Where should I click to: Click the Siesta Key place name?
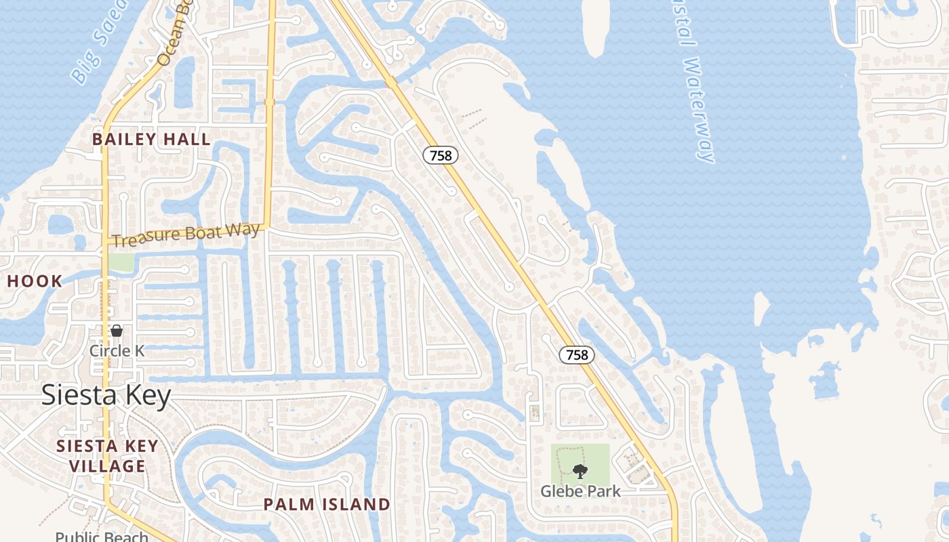tap(106, 396)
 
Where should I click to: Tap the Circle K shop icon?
tap(117, 331)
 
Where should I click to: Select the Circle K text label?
tap(117, 350)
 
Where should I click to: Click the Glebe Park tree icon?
tap(580, 472)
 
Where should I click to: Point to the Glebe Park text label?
tap(580, 491)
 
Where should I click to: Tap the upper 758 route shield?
tap(441, 155)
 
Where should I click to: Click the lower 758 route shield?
tap(577, 354)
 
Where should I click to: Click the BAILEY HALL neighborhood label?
tap(151, 140)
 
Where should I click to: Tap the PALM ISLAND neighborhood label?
tap(327, 504)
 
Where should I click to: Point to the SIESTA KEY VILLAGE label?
tap(107, 456)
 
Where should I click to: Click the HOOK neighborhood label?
tap(35, 281)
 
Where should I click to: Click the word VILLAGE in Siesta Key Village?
tap(107, 466)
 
